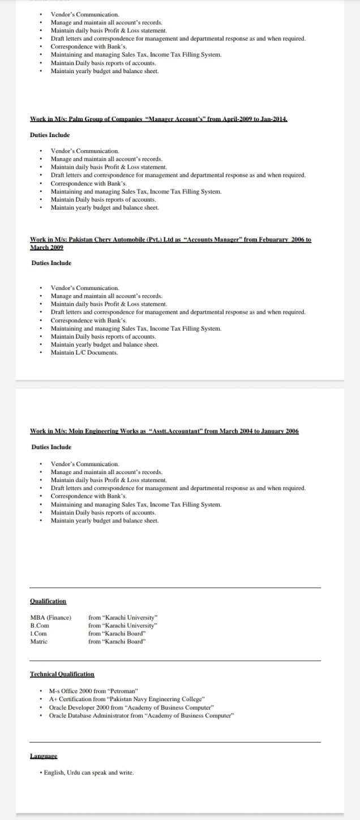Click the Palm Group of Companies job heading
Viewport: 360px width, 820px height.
tap(159, 119)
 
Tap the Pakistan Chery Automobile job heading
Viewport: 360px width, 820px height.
tap(170, 240)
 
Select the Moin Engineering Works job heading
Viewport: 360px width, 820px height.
tap(164, 432)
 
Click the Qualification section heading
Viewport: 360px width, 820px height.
tap(48, 601)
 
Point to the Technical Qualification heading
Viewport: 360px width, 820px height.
tap(62, 674)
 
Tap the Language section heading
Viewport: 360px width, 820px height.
tap(44, 756)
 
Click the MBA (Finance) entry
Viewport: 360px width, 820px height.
tap(50, 617)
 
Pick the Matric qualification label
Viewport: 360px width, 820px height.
tap(39, 641)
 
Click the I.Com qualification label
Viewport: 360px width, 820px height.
tap(38, 633)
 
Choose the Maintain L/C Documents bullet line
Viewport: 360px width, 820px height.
tap(84, 353)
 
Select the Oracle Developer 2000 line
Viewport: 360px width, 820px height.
tap(131, 708)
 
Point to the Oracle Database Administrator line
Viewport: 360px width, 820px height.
tap(142, 716)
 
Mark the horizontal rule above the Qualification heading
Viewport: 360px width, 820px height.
tap(175, 588)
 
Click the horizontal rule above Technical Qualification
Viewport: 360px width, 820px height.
tap(175, 661)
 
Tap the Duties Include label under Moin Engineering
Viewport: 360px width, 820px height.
tap(52, 447)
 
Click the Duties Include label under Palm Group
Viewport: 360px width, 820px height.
tap(50, 135)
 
